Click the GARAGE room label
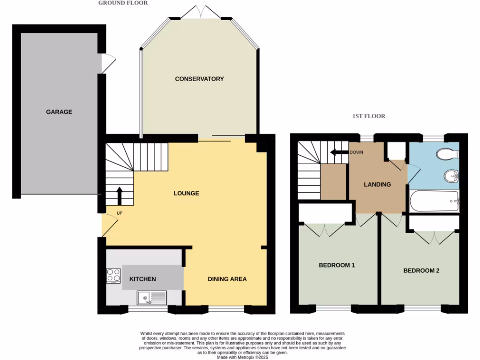point(59,112)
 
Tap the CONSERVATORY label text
point(199,79)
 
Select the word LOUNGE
point(186,193)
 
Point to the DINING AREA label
point(227,279)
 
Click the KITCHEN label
point(142,279)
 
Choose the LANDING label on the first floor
point(377,184)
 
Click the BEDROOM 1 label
point(337,265)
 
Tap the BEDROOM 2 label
point(421,270)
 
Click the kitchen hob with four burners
point(113,275)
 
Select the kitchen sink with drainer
point(152,297)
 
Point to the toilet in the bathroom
point(447,154)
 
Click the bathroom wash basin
point(451,176)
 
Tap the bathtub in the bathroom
point(434,201)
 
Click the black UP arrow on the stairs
point(119,195)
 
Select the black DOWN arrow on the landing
point(336,152)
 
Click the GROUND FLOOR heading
point(123,3)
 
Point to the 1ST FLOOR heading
point(368,116)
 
